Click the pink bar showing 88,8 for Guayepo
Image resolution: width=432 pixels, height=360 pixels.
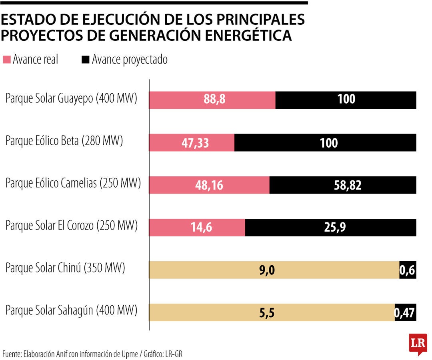coord(212,100)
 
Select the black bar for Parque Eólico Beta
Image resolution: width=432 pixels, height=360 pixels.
coord(325,143)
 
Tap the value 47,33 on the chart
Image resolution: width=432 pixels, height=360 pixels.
coord(195,143)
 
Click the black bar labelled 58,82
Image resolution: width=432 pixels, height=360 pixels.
coord(342,185)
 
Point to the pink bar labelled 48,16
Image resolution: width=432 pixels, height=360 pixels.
coord(209,185)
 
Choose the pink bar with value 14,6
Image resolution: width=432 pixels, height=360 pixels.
coord(197,228)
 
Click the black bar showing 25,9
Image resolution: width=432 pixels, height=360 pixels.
coord(330,228)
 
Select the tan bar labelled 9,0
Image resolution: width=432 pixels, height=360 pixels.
coord(274,270)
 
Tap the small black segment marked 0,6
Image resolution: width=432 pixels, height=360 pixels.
coord(408,270)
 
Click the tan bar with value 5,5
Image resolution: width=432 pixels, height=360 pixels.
coord(272,313)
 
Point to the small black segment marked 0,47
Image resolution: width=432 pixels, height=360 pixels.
coord(405,313)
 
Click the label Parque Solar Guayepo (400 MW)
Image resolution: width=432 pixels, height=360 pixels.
coord(72,98)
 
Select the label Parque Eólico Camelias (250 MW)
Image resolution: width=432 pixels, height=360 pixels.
coord(73,184)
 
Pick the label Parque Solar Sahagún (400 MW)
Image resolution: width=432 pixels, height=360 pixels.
coord(72,310)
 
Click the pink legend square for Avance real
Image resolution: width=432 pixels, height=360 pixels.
coord(7,60)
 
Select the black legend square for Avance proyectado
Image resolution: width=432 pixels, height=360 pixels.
coord(85,60)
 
